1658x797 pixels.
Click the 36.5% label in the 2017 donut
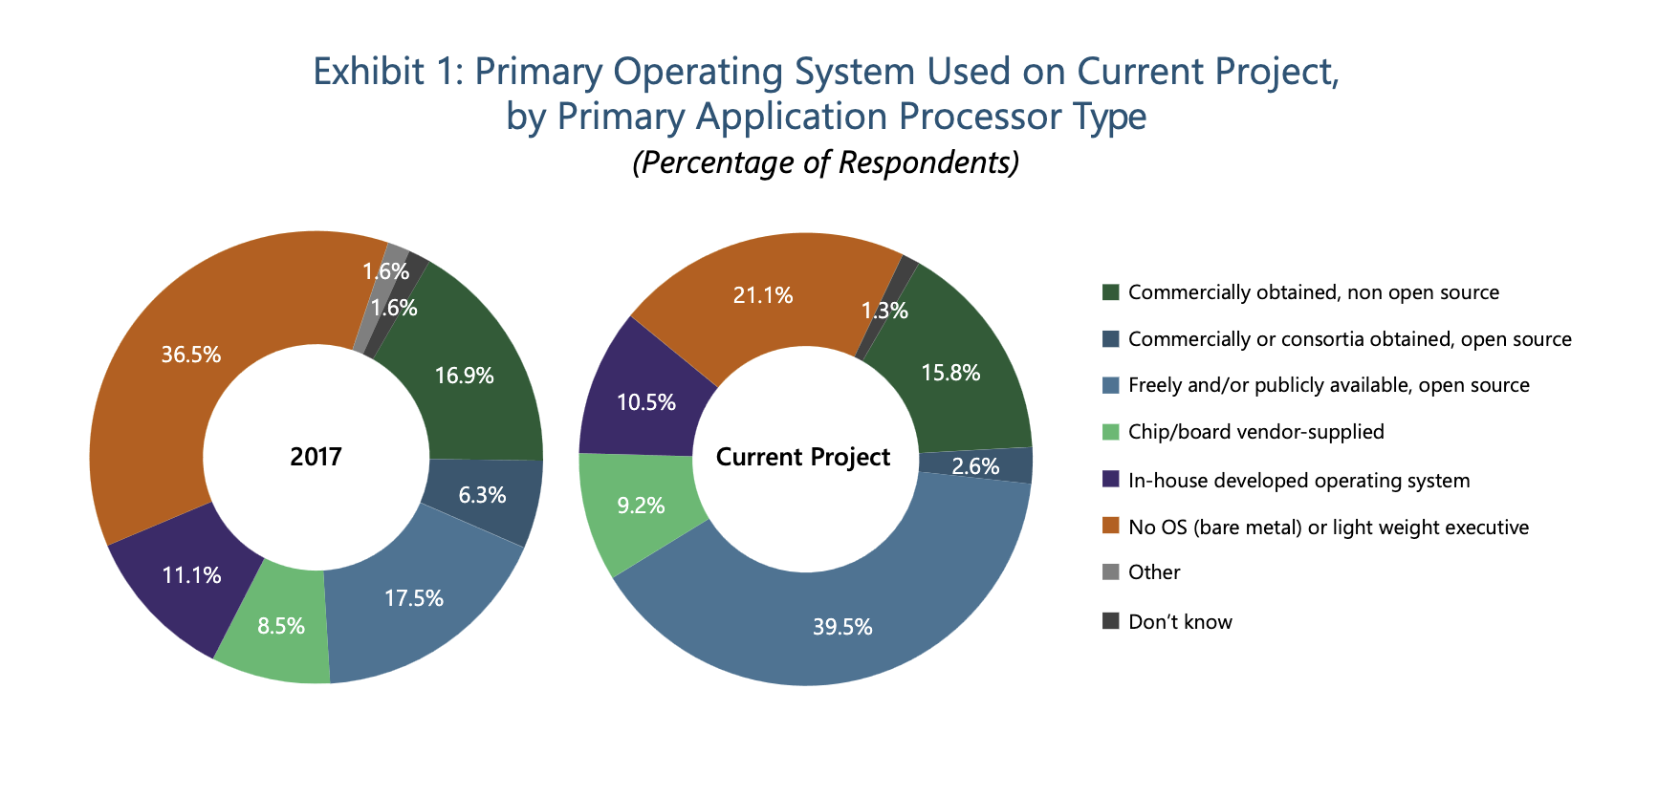191,355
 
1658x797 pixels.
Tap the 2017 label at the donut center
316,457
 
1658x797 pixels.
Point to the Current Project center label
803,457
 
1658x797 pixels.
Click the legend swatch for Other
1110,572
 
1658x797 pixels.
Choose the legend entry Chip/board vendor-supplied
1255,432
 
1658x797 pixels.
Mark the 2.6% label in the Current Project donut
975,466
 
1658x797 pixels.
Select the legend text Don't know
1180,622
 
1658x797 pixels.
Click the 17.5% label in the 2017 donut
414,598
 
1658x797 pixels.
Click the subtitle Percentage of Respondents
826,162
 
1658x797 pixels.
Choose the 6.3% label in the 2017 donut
482,495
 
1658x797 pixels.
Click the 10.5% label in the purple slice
646,402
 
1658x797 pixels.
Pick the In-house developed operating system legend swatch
1110,480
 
